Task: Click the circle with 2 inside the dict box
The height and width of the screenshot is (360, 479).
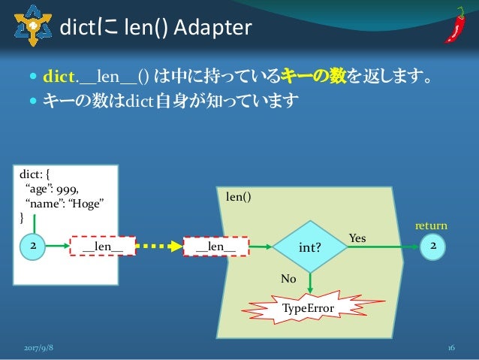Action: click(x=32, y=246)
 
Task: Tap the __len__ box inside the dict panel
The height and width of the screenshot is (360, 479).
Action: click(x=103, y=246)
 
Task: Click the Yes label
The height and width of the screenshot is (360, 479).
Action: click(x=357, y=237)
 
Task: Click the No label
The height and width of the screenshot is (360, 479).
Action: click(x=288, y=277)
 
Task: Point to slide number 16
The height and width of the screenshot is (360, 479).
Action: click(x=451, y=348)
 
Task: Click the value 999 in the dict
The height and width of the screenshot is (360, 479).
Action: click(x=66, y=189)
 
